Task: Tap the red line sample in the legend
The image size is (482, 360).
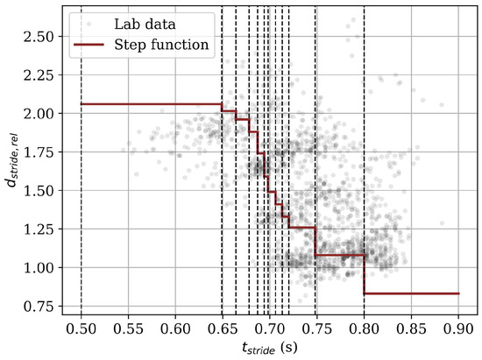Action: [x=93, y=45]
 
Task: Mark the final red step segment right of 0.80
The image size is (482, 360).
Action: [x=411, y=293]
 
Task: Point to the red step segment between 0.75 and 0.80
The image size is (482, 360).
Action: [x=340, y=255]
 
